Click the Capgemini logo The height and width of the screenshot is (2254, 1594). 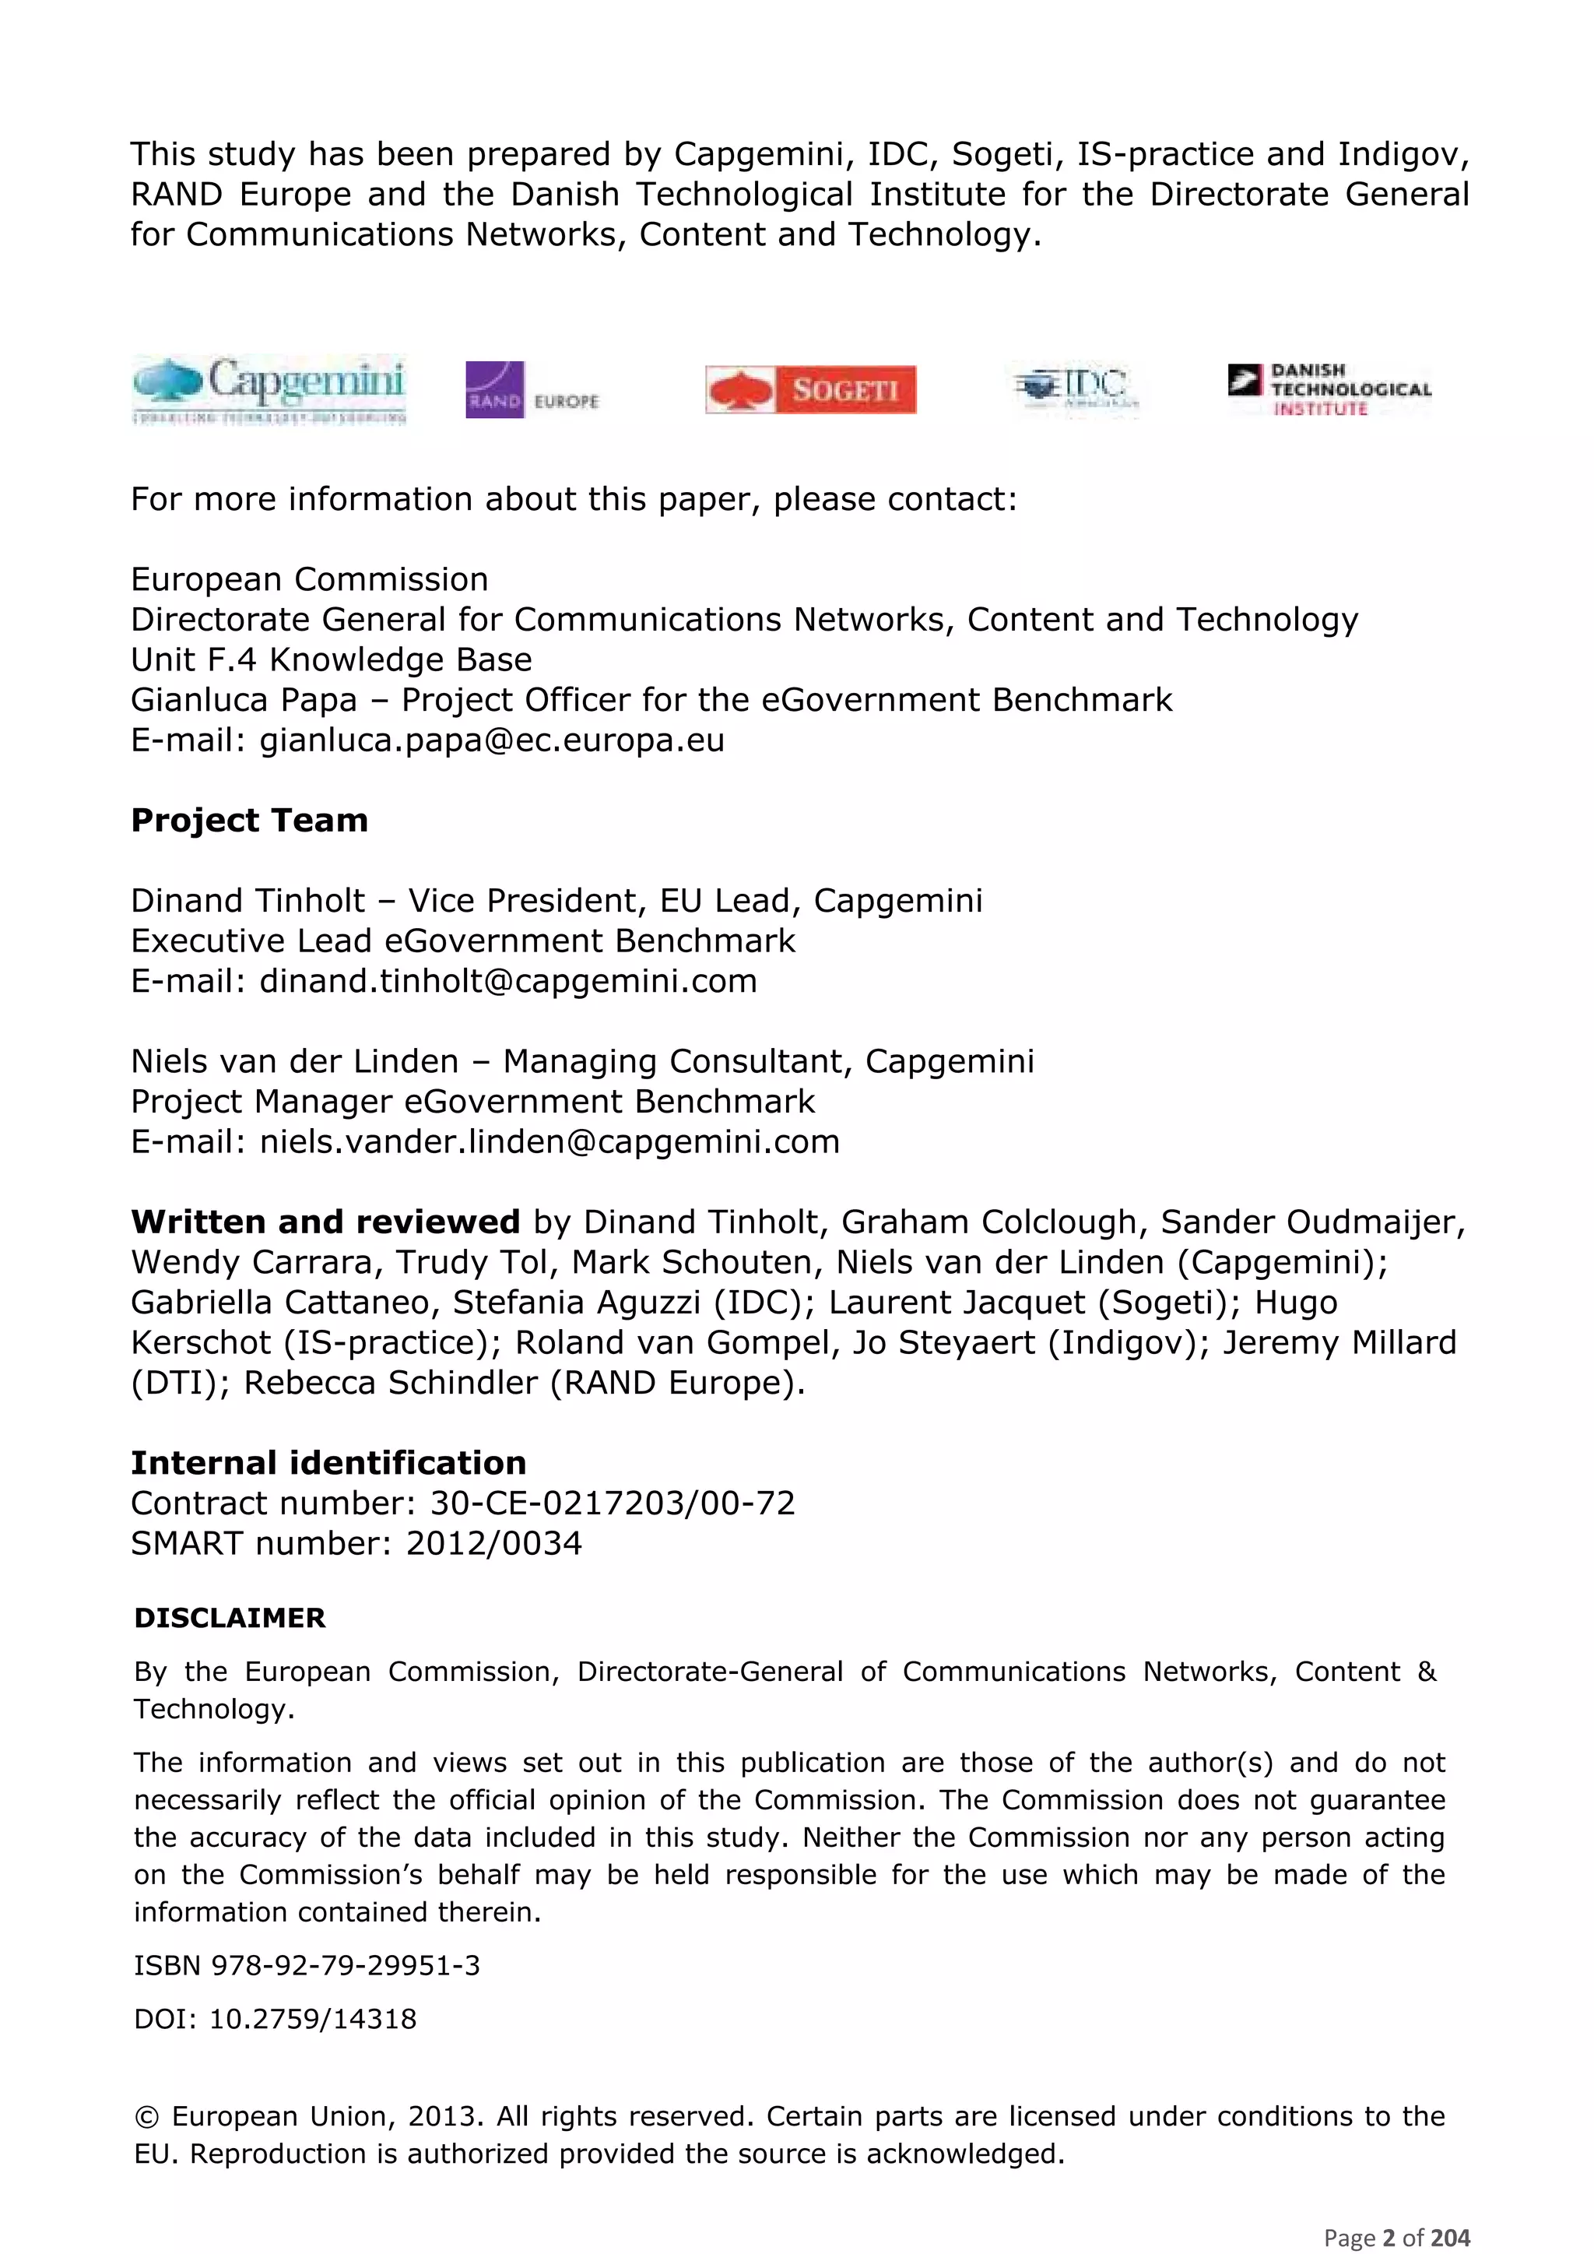tap(269, 390)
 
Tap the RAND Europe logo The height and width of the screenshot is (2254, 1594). tap(532, 390)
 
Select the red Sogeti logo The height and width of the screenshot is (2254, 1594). tap(811, 390)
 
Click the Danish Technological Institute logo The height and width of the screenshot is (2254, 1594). tap(1329, 390)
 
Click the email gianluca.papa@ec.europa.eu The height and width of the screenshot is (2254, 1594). tap(491, 740)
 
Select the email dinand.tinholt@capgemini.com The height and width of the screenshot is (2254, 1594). tap(507, 981)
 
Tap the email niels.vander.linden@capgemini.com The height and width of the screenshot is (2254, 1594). tap(549, 1141)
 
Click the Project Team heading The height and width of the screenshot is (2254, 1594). tap(249, 820)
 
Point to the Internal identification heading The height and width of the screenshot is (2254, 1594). tap(328, 1463)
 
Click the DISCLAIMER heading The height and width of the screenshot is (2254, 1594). tap(230, 1618)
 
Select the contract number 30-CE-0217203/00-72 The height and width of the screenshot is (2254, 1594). tap(613, 1503)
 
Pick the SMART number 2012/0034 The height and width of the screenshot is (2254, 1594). tap(493, 1543)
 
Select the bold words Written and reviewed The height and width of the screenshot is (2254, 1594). tap(325, 1222)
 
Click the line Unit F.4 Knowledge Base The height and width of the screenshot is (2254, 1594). tap(331, 659)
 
